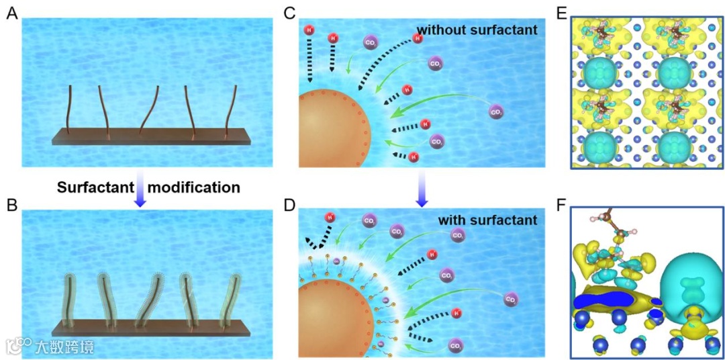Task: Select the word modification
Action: [193, 187]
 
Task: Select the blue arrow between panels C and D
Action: [421, 187]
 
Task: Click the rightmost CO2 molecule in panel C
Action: [497, 110]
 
